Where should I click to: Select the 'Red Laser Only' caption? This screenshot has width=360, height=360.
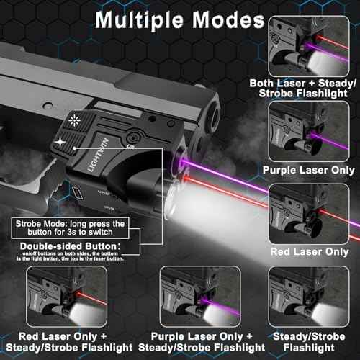[315, 252]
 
